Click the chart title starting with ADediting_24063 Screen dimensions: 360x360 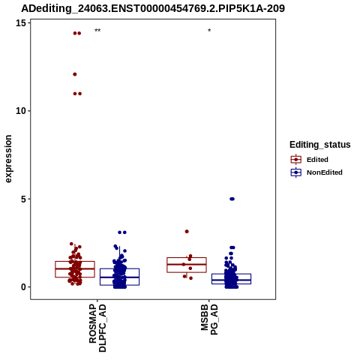click(x=153, y=8)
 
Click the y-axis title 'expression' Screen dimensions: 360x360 click(x=8, y=159)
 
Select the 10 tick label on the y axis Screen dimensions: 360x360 click(x=21, y=111)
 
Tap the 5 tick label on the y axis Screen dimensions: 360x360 click(x=23, y=199)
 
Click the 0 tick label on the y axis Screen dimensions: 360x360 click(x=23, y=287)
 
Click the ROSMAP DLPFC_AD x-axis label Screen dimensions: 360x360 click(x=97, y=328)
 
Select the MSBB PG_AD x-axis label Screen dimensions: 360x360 click(x=209, y=319)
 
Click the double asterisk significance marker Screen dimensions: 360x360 click(x=97, y=31)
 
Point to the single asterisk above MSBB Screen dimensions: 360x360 click(x=209, y=31)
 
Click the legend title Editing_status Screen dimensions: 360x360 click(x=320, y=145)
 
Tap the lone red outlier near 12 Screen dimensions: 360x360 click(x=75, y=74)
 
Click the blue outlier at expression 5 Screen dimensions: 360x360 click(x=232, y=199)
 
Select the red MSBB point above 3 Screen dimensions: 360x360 click(x=187, y=232)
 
